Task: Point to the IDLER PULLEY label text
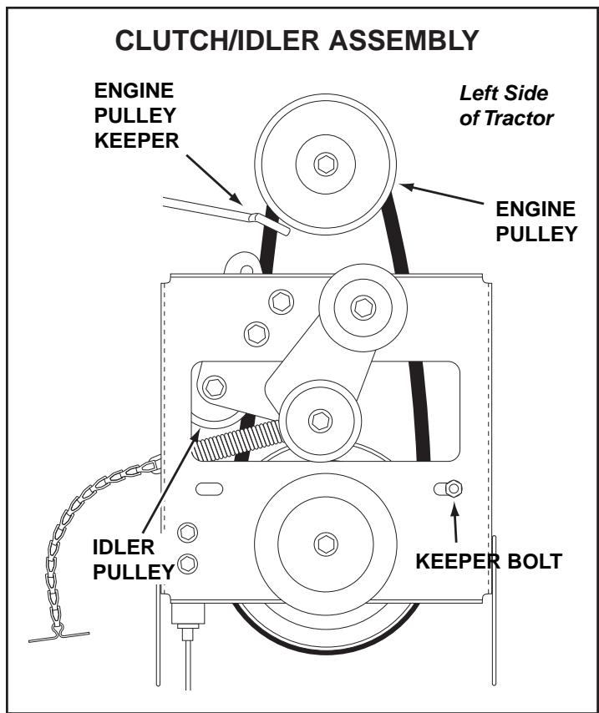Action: (x=134, y=560)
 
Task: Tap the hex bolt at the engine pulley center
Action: (x=326, y=164)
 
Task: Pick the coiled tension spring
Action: (x=238, y=438)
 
